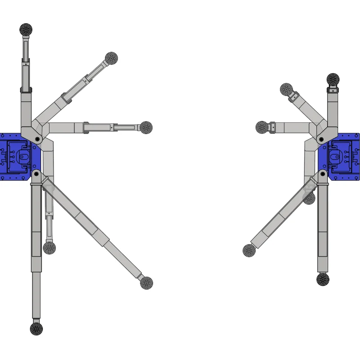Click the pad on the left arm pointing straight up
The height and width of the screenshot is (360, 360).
pyautogui.click(x=26, y=30)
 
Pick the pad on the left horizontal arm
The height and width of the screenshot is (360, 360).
pyautogui.click(x=146, y=127)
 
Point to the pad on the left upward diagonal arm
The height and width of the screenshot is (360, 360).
pyautogui.click(x=112, y=58)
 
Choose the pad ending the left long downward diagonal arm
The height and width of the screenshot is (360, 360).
pyautogui.click(x=146, y=283)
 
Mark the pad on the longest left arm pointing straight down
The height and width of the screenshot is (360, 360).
pyautogui.click(x=36, y=328)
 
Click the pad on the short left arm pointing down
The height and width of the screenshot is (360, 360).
pyautogui.click(x=49, y=248)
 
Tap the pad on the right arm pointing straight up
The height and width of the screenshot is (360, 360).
pyautogui.click(x=333, y=80)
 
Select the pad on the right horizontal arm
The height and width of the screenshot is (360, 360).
pyautogui.click(x=262, y=127)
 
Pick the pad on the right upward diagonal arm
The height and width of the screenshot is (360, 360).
pyautogui.click(x=286, y=90)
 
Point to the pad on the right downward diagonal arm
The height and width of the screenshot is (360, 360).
pyautogui.click(x=249, y=251)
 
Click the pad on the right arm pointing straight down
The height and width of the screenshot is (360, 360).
pyautogui.click(x=323, y=279)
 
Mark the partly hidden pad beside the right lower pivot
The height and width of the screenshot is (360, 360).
pyautogui.click(x=309, y=198)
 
